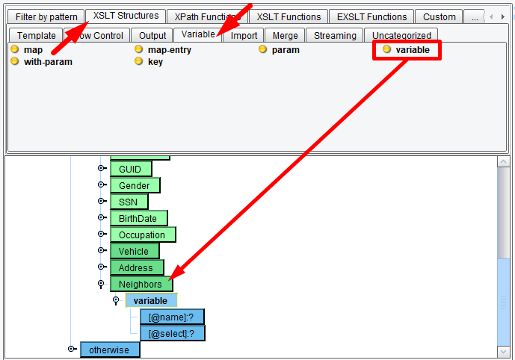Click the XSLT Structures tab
coord(126,16)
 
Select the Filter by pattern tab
coord(46,16)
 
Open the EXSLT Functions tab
coord(371,16)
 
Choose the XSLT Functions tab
coord(289,16)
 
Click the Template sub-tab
coord(36,35)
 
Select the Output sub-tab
coord(152,35)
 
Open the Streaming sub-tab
coord(335,35)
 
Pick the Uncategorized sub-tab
coord(401,35)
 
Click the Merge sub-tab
coord(285,35)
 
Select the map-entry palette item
coord(169,50)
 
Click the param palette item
coord(286,50)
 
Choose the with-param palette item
coord(48,62)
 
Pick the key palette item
coord(155,62)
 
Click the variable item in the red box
coord(412,50)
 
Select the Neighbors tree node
coord(140,284)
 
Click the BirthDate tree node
coord(138,218)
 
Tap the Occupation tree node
coord(142,235)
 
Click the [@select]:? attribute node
coord(172,333)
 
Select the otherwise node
coord(109,350)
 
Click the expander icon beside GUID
coord(101,170)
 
